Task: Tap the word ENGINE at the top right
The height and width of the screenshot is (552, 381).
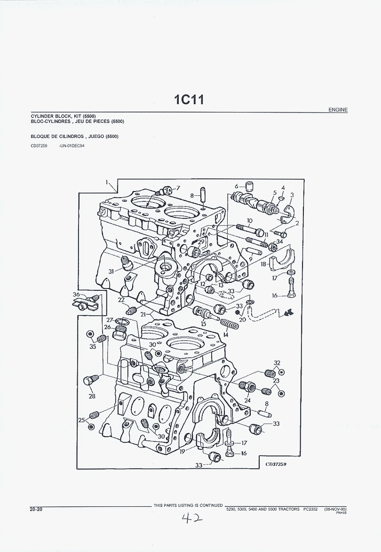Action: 338,110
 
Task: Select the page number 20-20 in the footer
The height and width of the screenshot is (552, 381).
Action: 36,509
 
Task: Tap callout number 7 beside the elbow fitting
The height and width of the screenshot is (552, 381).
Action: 178,188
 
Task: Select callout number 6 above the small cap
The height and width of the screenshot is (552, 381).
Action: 237,185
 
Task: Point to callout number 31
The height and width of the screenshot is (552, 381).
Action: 111,271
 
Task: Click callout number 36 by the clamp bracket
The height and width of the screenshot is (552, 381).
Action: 76,295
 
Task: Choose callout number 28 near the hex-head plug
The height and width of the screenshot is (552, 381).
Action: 92,396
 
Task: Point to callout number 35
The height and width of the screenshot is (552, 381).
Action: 92,346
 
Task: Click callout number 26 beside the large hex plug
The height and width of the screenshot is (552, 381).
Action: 107,328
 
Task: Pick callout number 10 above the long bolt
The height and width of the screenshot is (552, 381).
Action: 249,220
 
